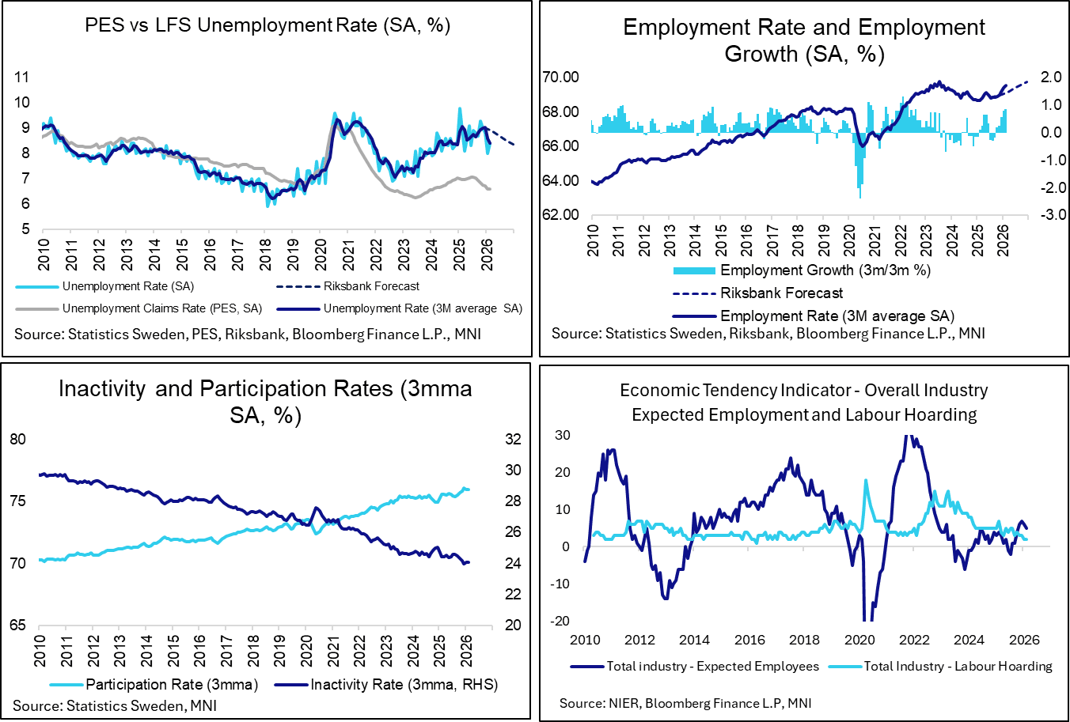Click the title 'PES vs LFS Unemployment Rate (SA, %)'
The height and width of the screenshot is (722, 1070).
[267, 25]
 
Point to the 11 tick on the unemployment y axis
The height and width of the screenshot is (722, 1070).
[21, 77]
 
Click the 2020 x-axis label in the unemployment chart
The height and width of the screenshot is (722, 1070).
[321, 254]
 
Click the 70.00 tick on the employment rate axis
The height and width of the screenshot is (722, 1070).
[561, 77]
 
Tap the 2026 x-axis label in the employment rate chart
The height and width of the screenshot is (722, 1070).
[1003, 240]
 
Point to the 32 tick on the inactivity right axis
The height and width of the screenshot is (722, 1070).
[513, 440]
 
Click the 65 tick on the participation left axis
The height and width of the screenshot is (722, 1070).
[17, 626]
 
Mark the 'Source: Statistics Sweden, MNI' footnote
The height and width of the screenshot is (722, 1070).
[115, 705]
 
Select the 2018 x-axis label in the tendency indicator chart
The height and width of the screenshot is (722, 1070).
[804, 640]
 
